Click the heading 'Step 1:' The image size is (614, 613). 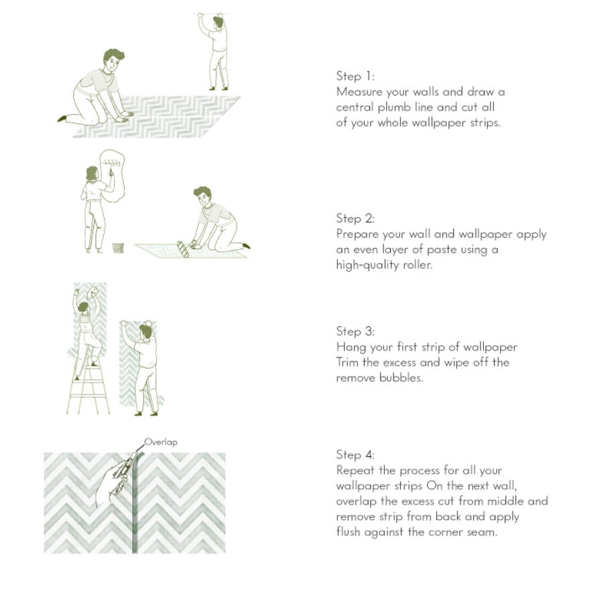tap(355, 76)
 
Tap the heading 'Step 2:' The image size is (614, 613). tap(355, 218)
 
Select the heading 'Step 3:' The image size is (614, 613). tap(355, 332)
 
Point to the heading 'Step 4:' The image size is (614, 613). tap(355, 455)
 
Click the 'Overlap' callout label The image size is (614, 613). tap(161, 442)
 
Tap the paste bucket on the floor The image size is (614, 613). tap(118, 248)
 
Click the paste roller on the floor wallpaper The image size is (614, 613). tap(183, 249)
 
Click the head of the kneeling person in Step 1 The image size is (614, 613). tap(113, 60)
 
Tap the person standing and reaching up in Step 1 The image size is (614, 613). tap(214, 51)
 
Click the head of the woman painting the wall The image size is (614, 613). tap(92, 174)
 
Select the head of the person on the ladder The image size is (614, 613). tap(83, 307)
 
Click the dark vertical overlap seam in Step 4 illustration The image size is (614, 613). tap(135, 503)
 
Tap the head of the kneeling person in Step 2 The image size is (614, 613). tap(203, 196)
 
